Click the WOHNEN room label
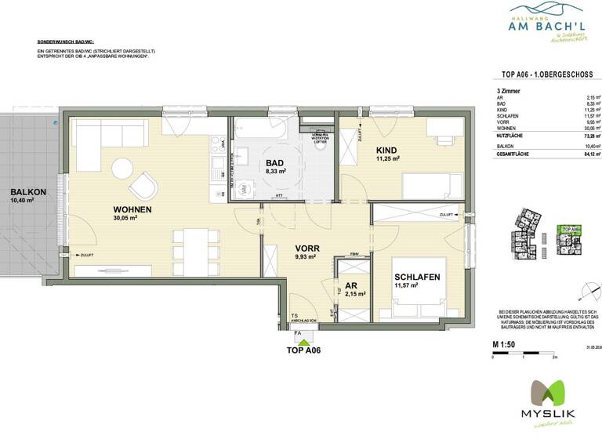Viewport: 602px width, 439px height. click(x=132, y=209)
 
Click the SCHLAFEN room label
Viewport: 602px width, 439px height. click(x=416, y=278)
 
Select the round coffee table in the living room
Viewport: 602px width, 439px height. click(x=121, y=168)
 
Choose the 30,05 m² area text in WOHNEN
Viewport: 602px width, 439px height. click(x=125, y=219)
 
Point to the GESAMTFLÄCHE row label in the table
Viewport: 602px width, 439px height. click(x=514, y=154)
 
